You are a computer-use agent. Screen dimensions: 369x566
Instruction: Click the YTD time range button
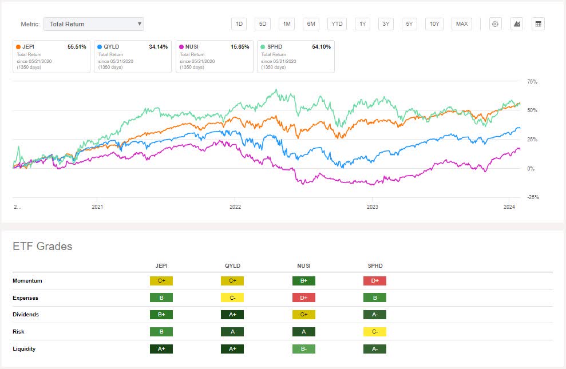[337, 24]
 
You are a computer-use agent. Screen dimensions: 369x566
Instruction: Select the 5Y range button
[409, 24]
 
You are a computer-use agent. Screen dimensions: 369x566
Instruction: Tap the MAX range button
[461, 24]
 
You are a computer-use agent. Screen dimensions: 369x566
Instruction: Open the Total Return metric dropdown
[94, 24]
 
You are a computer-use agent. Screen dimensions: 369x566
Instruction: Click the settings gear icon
[495, 24]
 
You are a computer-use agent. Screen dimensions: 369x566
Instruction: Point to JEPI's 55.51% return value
[76, 47]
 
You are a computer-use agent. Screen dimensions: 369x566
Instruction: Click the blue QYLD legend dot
[100, 47]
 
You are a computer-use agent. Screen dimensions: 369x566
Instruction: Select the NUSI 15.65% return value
[239, 47]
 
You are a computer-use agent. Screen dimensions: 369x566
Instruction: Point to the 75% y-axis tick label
[532, 82]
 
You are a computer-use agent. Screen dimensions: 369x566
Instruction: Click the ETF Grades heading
[42, 247]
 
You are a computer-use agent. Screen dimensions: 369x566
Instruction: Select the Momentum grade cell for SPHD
[374, 281]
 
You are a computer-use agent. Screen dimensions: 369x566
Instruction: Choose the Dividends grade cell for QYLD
[232, 315]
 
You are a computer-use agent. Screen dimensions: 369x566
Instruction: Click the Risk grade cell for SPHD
[374, 331]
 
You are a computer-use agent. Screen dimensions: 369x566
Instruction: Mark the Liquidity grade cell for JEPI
[161, 348]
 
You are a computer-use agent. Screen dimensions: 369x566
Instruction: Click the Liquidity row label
[24, 348]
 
